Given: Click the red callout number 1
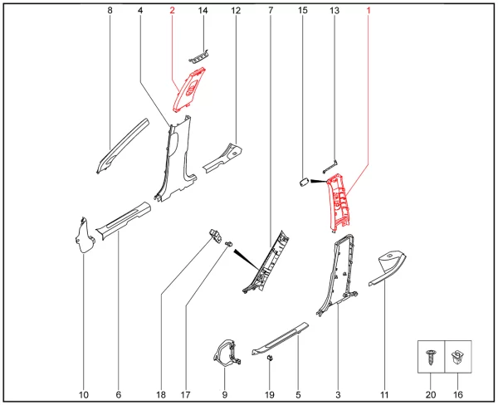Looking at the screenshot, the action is click(369, 11).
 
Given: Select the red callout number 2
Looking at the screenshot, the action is click(172, 11).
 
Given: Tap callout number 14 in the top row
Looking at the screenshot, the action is click(203, 11).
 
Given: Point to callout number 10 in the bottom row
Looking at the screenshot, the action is click(84, 395).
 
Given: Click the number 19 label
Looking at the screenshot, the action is click(269, 395).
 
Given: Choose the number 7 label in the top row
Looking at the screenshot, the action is click(271, 11).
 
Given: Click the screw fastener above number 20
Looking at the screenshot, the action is click(431, 357).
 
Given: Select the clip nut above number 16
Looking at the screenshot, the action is click(456, 356).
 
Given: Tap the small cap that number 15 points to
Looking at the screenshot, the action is click(304, 183).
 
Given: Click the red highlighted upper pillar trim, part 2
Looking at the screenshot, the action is click(189, 90).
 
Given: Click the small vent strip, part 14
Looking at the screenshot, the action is click(198, 56).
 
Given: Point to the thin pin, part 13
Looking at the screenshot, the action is click(330, 167).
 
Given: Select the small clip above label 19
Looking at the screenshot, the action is click(270, 359).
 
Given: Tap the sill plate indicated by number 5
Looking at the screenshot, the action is click(281, 339).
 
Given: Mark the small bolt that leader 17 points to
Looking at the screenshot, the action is click(228, 244).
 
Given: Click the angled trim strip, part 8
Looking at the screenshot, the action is click(122, 145).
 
